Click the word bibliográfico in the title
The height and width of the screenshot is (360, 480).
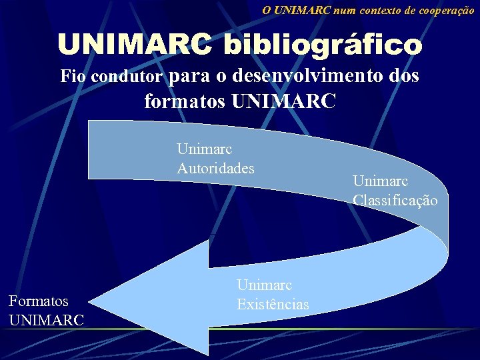(323, 45)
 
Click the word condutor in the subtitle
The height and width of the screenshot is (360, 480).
(127, 77)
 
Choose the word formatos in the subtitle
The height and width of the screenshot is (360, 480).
(185, 101)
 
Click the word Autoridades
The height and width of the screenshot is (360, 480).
(215, 168)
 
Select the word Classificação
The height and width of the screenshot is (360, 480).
(395, 199)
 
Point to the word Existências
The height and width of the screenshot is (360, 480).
(273, 304)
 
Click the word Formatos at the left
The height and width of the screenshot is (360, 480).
(39, 301)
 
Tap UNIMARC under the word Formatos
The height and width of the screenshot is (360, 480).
(47, 320)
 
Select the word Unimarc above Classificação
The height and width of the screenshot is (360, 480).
(381, 180)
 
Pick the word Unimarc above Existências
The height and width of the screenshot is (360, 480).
(264, 285)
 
